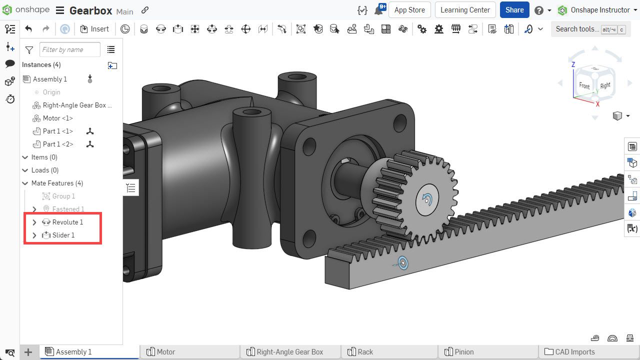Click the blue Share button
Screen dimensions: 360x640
(x=514, y=10)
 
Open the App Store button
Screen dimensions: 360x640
(x=409, y=10)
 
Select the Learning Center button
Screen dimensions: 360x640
(x=465, y=10)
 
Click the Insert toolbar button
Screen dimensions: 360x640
(x=94, y=29)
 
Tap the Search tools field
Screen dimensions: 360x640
(x=577, y=29)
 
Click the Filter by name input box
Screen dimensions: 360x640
(x=69, y=49)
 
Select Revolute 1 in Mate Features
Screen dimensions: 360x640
(x=67, y=222)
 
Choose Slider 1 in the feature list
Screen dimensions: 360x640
(x=63, y=235)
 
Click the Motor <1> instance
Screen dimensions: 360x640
(x=57, y=118)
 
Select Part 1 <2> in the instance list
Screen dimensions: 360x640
(x=57, y=144)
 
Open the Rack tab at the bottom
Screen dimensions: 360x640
(x=365, y=352)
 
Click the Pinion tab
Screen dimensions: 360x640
(x=463, y=352)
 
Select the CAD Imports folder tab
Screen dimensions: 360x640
(x=574, y=352)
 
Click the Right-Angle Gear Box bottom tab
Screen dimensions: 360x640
(x=289, y=352)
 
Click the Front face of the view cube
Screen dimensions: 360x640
(x=584, y=85)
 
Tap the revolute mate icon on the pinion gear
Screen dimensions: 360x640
(x=426, y=199)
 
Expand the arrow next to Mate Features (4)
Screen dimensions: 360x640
(x=25, y=183)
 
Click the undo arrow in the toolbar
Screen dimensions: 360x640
(x=28, y=29)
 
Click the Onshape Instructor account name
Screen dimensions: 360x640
(x=600, y=10)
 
